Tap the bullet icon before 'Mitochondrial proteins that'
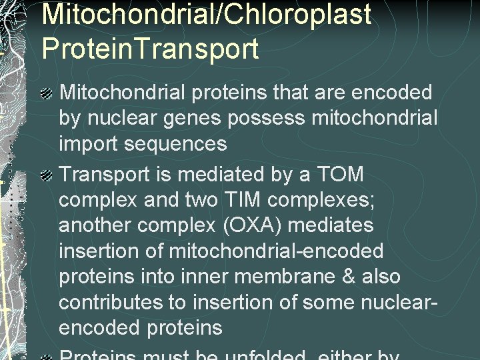tap(47, 94)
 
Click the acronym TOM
tap(340, 175)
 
